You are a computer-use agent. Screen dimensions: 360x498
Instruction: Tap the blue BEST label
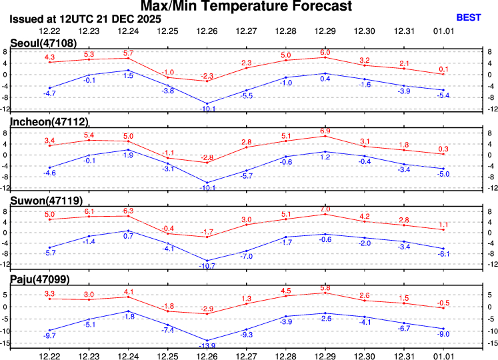pyautogui.click(x=469, y=18)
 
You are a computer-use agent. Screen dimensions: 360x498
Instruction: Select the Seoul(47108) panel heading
pyautogui.click(x=39, y=43)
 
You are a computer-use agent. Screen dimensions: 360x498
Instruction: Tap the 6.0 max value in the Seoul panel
pyautogui.click(x=325, y=52)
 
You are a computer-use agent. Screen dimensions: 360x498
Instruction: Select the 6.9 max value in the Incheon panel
pyautogui.click(x=325, y=131)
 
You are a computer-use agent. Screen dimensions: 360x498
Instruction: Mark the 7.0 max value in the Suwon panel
pyautogui.click(x=325, y=209)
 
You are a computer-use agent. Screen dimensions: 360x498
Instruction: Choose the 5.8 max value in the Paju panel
pyautogui.click(x=325, y=287)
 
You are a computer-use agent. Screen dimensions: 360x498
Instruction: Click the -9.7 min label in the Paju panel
pyautogui.click(x=49, y=335)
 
